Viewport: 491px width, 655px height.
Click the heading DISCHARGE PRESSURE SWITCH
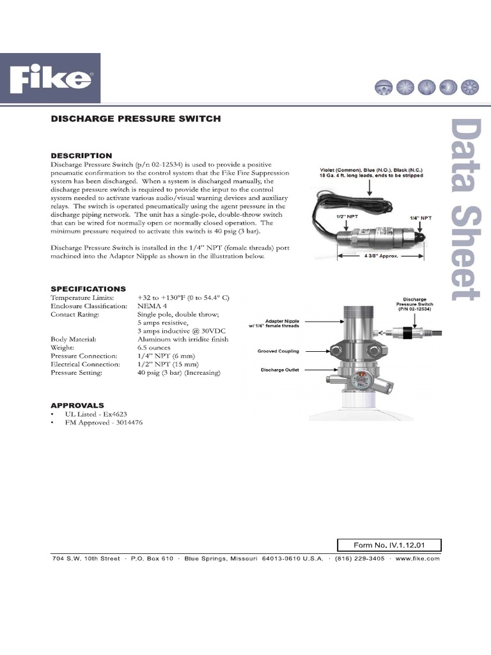(x=136, y=118)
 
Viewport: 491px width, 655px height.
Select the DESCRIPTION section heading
(x=81, y=155)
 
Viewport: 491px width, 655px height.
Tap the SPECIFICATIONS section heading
(x=88, y=288)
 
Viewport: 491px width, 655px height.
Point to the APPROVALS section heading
(x=77, y=406)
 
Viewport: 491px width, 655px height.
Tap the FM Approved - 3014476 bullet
(x=104, y=423)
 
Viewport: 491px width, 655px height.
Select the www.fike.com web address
(x=417, y=558)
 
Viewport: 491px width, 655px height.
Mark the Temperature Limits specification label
(x=82, y=298)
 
